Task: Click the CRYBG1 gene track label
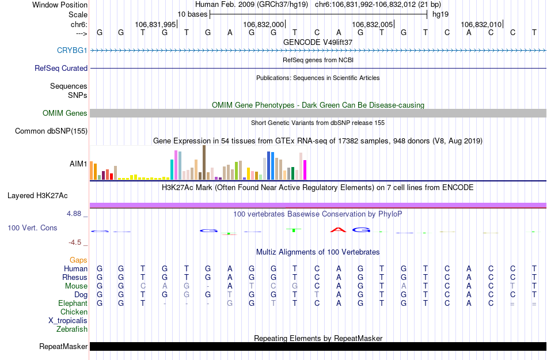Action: (72, 50)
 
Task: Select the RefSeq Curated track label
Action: (61, 68)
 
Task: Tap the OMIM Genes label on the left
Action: (65, 113)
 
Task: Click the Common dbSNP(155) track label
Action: (51, 131)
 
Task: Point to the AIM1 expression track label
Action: (78, 164)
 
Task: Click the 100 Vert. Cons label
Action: (32, 228)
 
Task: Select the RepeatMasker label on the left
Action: (63, 347)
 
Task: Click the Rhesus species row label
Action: (75, 277)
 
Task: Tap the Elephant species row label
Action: (73, 303)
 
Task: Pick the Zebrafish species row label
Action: (73, 329)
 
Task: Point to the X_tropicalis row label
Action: (69, 320)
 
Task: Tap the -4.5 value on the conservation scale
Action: (75, 242)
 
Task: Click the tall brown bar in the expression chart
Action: (204, 162)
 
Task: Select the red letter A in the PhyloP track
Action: (339, 230)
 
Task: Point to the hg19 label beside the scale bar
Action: (440, 14)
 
